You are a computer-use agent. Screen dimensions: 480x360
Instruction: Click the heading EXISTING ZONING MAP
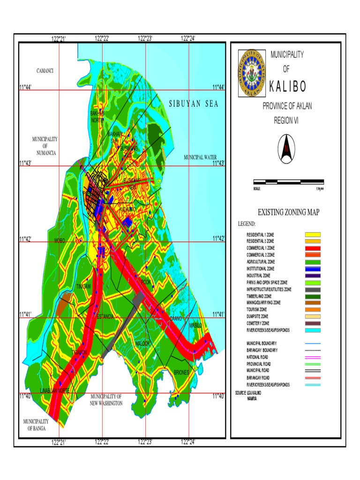[x=288, y=213]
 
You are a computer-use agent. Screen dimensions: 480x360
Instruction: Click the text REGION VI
[x=286, y=120]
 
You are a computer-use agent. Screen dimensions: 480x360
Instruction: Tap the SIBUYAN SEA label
[x=194, y=105]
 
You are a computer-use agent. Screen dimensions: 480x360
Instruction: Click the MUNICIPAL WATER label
[x=200, y=157]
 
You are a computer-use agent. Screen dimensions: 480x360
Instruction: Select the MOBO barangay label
[x=60, y=241]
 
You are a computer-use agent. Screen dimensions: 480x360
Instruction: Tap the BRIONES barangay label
[x=181, y=373]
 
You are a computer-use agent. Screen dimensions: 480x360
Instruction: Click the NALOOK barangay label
[x=142, y=344]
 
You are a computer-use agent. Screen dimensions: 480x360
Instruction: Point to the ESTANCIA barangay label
[x=105, y=317]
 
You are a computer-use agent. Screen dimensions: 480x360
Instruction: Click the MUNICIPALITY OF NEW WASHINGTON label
[x=106, y=400]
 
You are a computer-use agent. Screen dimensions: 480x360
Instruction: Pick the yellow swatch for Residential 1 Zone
[x=313, y=234]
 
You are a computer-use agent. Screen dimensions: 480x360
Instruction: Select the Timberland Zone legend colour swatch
[x=313, y=296]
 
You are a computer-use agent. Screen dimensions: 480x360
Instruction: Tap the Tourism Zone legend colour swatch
[x=313, y=310]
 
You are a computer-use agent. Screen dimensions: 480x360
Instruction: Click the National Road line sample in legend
[x=313, y=357]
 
